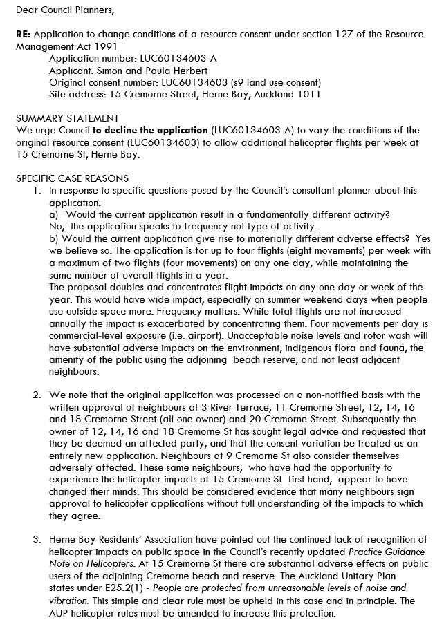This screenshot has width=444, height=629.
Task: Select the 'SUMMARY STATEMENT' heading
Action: [x=67, y=118]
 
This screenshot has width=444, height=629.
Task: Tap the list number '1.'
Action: [x=37, y=190]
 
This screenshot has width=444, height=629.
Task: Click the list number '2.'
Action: [x=37, y=395]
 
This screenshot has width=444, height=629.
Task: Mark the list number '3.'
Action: [x=37, y=541]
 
